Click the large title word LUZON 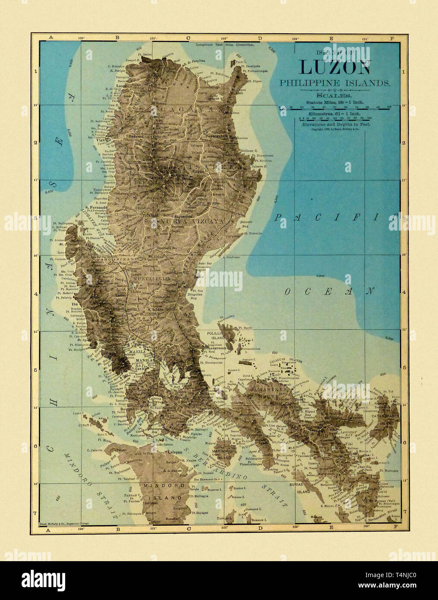click(x=335, y=67)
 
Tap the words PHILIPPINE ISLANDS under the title click(x=335, y=82)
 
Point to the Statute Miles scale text click(x=334, y=102)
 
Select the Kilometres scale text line click(x=334, y=113)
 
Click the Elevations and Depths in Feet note click(x=334, y=124)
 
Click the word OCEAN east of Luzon click(x=328, y=291)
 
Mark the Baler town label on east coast click(x=199, y=276)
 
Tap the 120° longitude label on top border click(x=81, y=38)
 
